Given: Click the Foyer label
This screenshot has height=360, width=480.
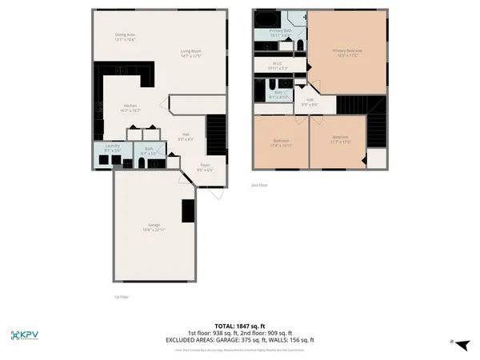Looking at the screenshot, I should tap(205, 167).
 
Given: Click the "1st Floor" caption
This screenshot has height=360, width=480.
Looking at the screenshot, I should tap(122, 297).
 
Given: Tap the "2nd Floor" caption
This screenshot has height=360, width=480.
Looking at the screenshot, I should tap(258, 184).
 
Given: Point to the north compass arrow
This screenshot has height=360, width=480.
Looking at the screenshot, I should tap(460, 342).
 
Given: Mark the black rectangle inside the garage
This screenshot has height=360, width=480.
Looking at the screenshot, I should tap(188, 210).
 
